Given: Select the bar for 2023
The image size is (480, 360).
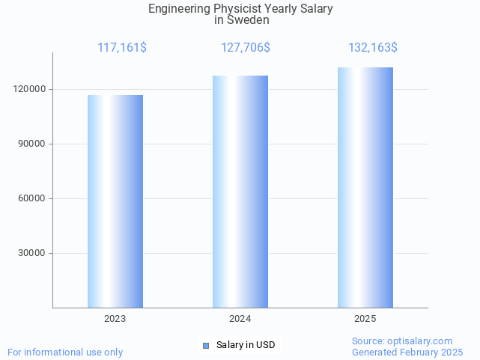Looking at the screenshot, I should [x=115, y=201].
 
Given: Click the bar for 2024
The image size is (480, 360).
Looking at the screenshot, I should [x=240, y=192].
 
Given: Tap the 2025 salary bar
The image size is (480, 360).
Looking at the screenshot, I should [x=365, y=188].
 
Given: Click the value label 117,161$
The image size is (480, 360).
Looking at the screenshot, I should [x=122, y=48].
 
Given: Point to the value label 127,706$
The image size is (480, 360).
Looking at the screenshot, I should [x=246, y=48].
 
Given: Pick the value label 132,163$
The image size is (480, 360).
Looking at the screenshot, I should [x=373, y=48].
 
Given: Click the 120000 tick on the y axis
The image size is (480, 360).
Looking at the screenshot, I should [x=31, y=89].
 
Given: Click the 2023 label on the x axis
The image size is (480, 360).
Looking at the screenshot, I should [x=115, y=319].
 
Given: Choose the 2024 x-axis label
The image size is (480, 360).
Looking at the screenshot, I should [x=240, y=319].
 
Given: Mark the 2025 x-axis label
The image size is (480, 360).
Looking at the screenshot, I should [x=365, y=319].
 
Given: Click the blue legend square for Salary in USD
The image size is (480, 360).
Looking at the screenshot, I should [x=206, y=345].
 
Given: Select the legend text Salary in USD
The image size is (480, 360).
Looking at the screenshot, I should [x=246, y=345].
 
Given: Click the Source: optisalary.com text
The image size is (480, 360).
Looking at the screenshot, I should [x=402, y=341].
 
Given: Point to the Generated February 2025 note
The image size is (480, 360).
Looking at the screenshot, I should [x=407, y=352].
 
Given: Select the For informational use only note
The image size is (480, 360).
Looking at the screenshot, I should [x=65, y=352].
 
